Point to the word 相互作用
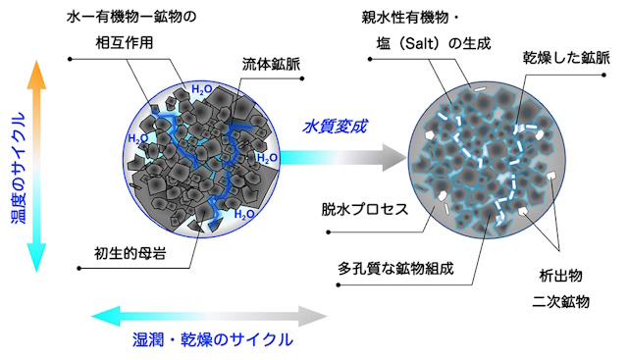click(131, 43)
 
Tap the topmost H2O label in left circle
click(201, 90)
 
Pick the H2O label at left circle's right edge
click(267, 157)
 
